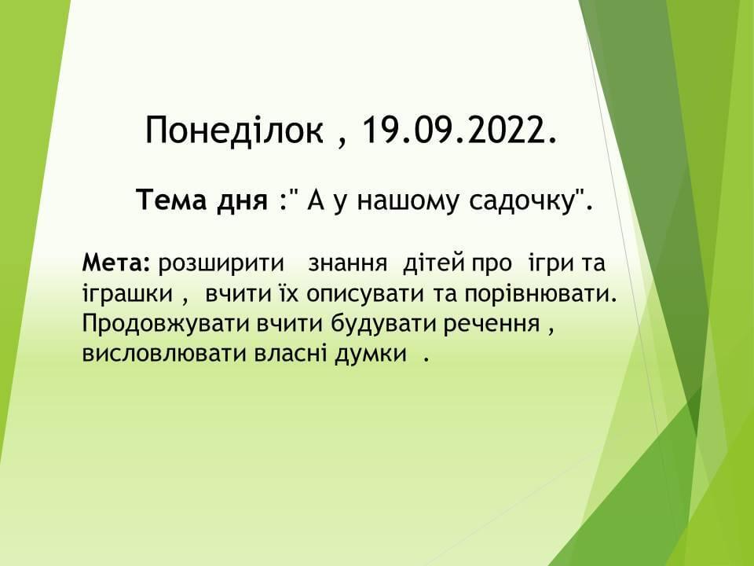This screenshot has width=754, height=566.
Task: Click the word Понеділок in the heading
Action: pos(234,130)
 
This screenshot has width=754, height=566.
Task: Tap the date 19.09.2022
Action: pos(459,130)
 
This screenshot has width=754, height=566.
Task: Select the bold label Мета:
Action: pos(117,263)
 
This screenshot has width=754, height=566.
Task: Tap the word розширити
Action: pos(221,264)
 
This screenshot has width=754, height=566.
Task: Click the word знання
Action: pos(348,264)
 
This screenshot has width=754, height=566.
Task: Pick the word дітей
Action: pos(434,263)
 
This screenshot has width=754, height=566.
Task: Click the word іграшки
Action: pos(127,294)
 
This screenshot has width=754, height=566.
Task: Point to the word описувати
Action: pos(365,294)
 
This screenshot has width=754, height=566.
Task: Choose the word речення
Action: pos(492,325)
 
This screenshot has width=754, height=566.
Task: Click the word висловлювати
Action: pos(164,354)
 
